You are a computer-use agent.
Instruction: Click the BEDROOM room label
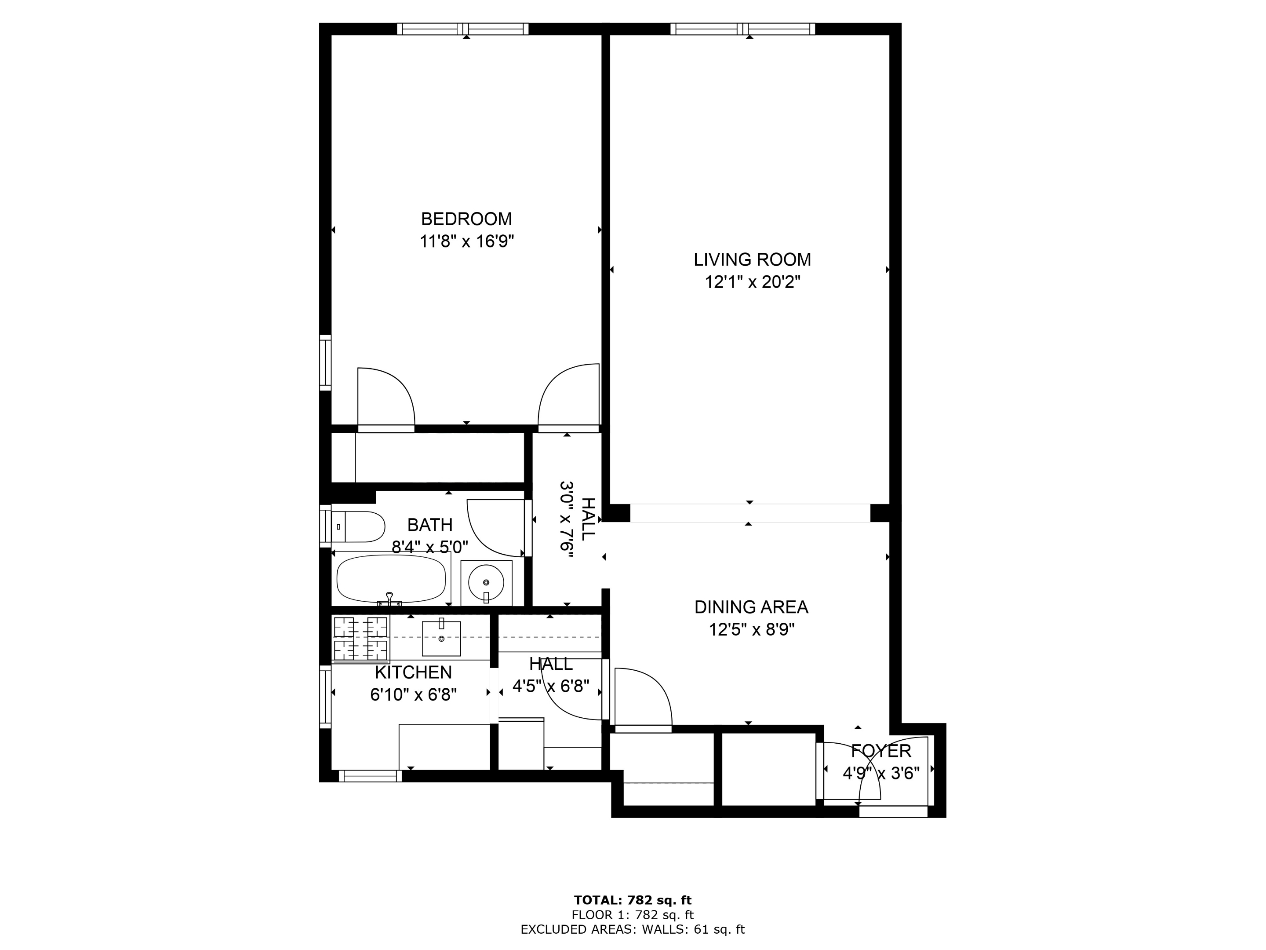pos(466,219)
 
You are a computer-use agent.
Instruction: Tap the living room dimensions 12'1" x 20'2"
pos(752,282)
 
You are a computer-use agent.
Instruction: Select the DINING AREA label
pos(751,607)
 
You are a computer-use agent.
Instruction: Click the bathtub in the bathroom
pos(391,578)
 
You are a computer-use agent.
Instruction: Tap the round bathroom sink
pos(486,582)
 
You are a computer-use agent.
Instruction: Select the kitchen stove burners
pos(360,639)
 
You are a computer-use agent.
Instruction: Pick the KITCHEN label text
pos(413,672)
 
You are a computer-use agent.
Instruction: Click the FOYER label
pos(880,751)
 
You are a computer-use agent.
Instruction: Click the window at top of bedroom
pos(462,29)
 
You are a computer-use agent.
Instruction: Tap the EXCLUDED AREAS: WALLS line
pos(633,929)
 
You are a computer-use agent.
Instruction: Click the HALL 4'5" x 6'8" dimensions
pos(551,686)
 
